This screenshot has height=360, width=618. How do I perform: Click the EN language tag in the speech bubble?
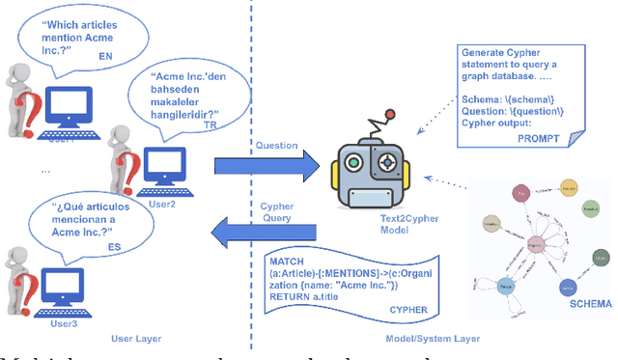[x=106, y=57]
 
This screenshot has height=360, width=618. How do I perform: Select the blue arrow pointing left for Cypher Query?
[x=263, y=232]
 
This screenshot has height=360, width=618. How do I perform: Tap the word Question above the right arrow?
[x=275, y=146]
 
